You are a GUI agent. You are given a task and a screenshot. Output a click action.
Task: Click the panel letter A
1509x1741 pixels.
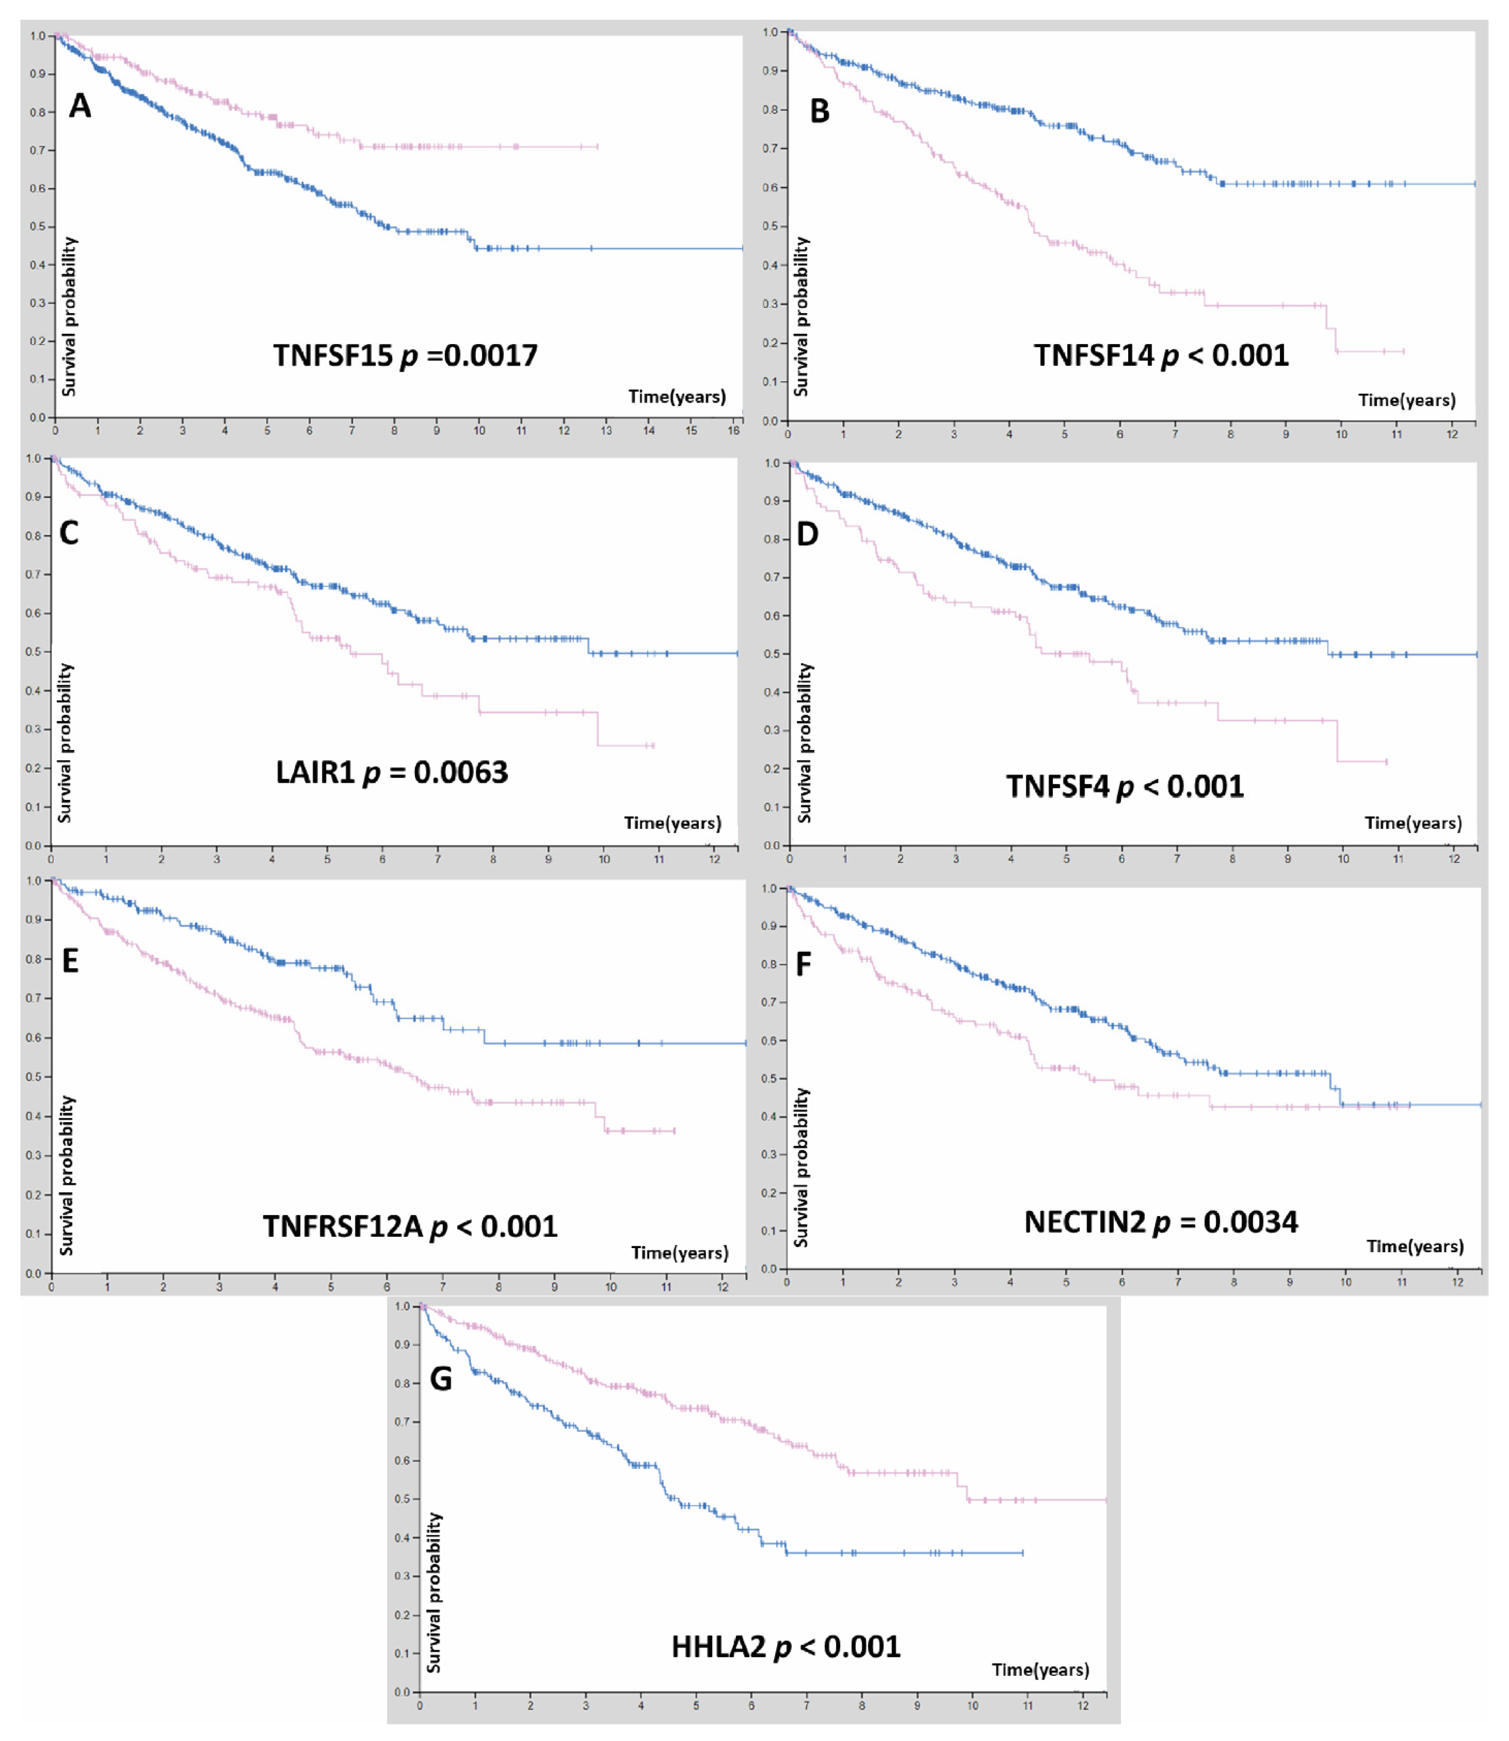80,106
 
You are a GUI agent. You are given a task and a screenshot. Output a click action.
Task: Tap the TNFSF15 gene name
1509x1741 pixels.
333,355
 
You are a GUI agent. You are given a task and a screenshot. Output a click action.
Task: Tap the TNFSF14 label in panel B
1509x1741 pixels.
1093,355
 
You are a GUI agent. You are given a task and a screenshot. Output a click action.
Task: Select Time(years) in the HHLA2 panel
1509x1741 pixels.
1040,1669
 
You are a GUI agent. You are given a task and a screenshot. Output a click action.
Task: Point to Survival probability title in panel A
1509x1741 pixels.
69,316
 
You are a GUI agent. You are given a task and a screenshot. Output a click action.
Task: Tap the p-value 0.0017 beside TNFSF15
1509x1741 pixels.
491,355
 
